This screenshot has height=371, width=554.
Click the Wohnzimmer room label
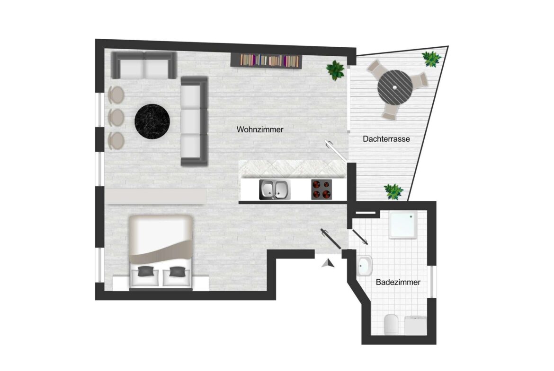coord(260,129)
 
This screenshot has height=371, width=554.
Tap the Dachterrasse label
coord(386,139)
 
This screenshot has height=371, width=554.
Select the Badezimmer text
coord(398,282)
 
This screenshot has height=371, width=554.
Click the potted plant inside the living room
coord(335,69)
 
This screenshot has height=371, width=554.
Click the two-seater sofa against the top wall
coord(143,65)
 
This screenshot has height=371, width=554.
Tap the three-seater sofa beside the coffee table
coord(194,121)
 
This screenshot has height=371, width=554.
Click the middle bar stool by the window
coord(116,116)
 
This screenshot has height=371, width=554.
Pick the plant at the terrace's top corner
coord(431,58)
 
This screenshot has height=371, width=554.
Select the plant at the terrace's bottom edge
coord(393,191)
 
